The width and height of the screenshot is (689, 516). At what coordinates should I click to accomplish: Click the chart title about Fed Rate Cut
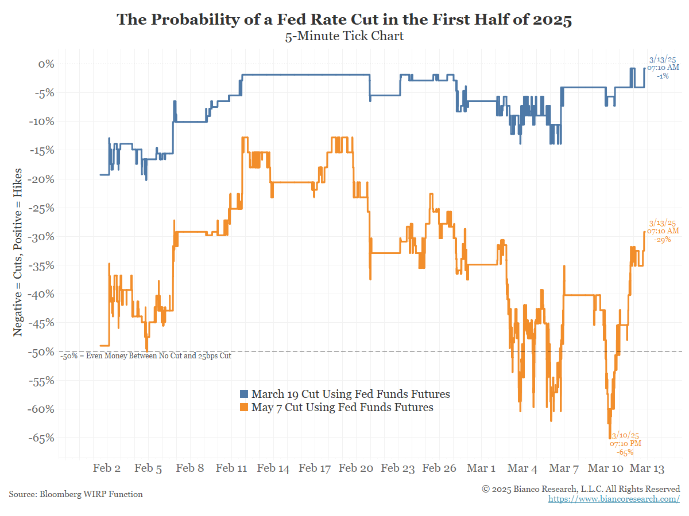(344, 19)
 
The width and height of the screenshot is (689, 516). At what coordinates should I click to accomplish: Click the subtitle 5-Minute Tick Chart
(344, 37)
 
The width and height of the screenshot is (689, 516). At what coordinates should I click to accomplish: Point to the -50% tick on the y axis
(42, 352)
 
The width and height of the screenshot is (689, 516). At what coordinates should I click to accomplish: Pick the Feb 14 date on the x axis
(273, 468)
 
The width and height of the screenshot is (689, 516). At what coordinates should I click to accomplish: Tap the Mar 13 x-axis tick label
(647, 468)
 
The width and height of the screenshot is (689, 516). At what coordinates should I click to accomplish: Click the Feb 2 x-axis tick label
(107, 468)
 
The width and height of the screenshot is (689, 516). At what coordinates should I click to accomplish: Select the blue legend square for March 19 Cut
(244, 394)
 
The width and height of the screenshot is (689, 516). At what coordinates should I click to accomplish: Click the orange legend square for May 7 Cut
(244, 408)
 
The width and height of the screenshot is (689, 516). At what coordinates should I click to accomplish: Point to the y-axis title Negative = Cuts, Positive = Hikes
(18, 252)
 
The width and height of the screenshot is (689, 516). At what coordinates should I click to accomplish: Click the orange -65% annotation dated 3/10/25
(625, 444)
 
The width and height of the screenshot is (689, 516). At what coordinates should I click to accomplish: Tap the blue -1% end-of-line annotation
(663, 67)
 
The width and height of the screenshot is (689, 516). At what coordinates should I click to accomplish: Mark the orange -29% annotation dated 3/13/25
(663, 231)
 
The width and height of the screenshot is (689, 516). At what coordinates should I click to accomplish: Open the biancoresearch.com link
(614, 499)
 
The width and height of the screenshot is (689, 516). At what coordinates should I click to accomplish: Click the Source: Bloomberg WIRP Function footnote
(76, 494)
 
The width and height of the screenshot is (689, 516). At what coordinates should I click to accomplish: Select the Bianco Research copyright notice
(580, 489)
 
